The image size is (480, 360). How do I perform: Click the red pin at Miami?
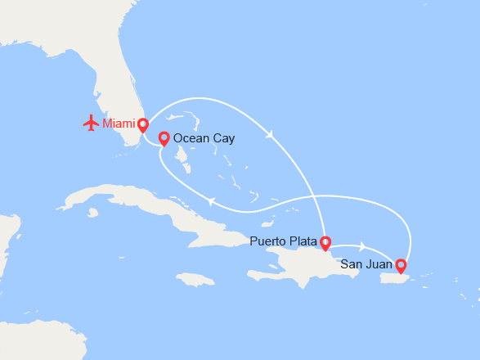click(x=143, y=125)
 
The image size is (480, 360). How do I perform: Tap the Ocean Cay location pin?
click(x=164, y=138)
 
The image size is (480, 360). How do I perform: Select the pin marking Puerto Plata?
click(x=325, y=242)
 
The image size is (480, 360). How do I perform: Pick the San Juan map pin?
click(x=401, y=265)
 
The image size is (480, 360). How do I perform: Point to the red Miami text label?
click(x=119, y=124)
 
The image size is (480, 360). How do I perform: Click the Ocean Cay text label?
click(x=204, y=138)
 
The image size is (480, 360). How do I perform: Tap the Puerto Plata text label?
click(x=282, y=241)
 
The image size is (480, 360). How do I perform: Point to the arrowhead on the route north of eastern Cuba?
click(x=211, y=201)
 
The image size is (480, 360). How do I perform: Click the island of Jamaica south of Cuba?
click(x=195, y=279)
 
